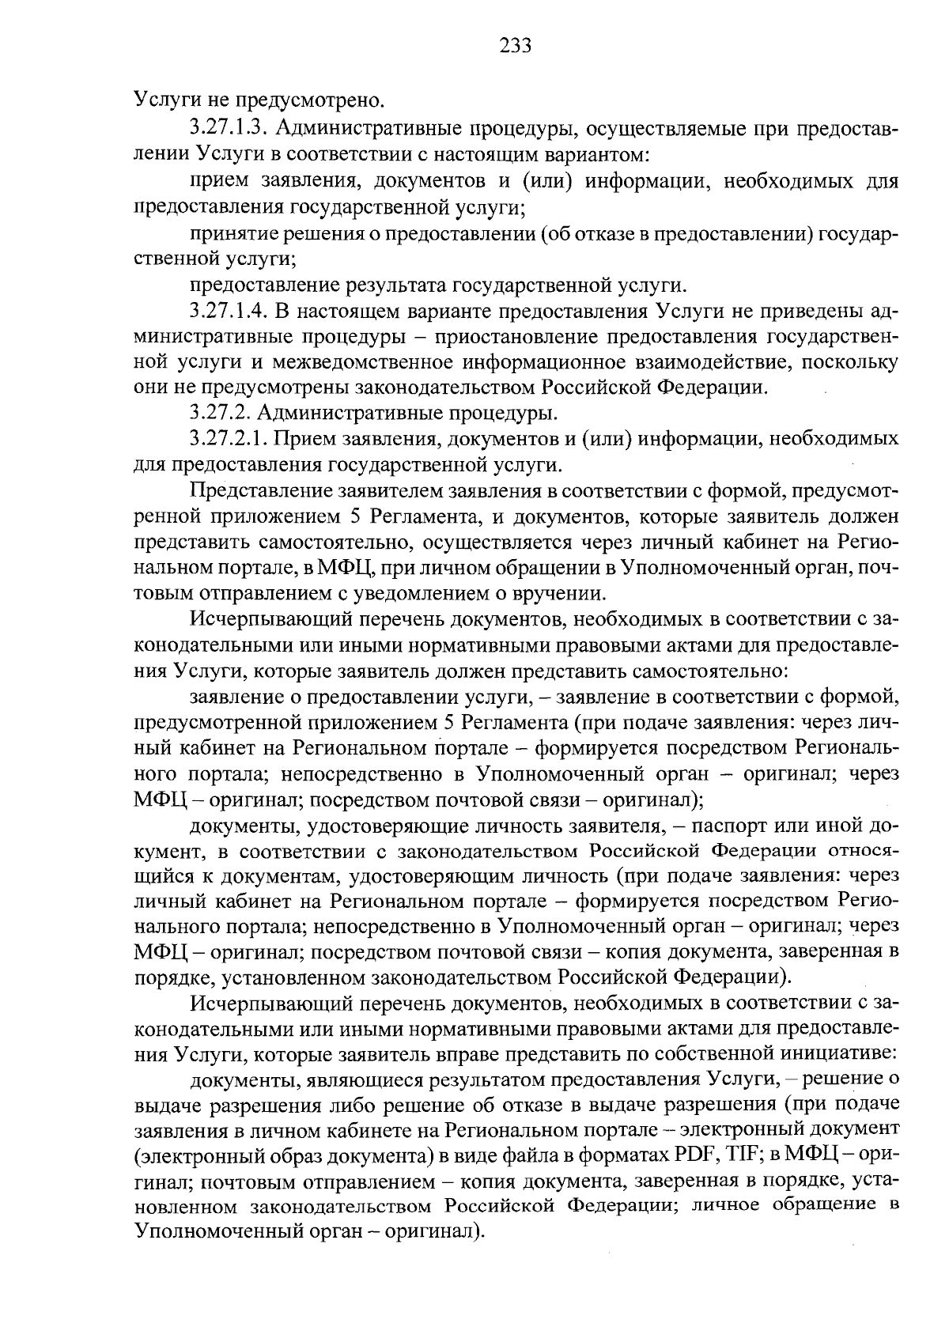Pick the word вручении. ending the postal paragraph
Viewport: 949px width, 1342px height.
point(563,594)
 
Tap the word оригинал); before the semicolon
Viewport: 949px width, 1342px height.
point(652,800)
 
